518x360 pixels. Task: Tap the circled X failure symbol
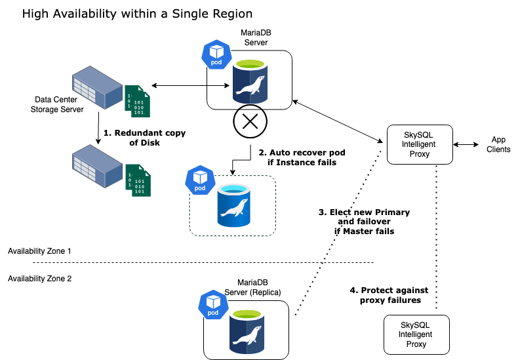[x=249, y=121]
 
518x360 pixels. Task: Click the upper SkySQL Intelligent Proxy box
[x=418, y=144]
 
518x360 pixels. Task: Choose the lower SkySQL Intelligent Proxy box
[x=416, y=334]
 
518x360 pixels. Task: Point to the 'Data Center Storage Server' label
[x=58, y=105]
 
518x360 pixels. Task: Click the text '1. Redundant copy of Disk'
[x=145, y=138]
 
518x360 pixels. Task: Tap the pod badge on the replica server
[x=213, y=304]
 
